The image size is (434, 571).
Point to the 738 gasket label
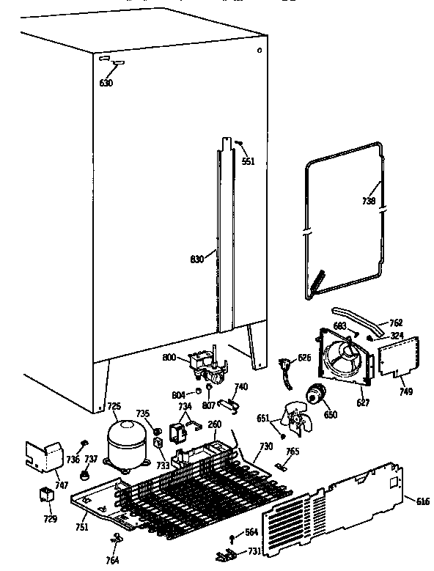[x=369, y=201]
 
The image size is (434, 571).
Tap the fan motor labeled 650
[x=317, y=395]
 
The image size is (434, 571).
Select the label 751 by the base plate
[x=81, y=527]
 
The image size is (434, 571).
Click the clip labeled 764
[x=115, y=539]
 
